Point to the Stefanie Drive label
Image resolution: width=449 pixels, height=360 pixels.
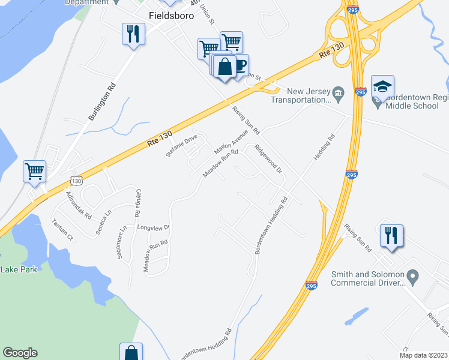[x=182, y=146]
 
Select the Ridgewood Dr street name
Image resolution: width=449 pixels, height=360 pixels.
[x=268, y=158]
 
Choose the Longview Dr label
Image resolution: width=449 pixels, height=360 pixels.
[x=154, y=228]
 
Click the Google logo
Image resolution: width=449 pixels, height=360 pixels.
[x=20, y=353]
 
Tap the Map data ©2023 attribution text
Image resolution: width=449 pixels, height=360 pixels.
[x=423, y=355]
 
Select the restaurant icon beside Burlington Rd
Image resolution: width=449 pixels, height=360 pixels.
[x=133, y=33]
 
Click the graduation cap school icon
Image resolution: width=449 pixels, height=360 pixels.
[x=382, y=86]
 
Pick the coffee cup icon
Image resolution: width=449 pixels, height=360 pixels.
[x=239, y=65]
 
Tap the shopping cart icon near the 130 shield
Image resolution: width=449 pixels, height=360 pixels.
[x=34, y=170]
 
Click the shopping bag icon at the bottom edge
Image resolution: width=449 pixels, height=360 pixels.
[x=131, y=352]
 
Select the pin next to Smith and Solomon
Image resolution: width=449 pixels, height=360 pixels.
[x=412, y=277]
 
